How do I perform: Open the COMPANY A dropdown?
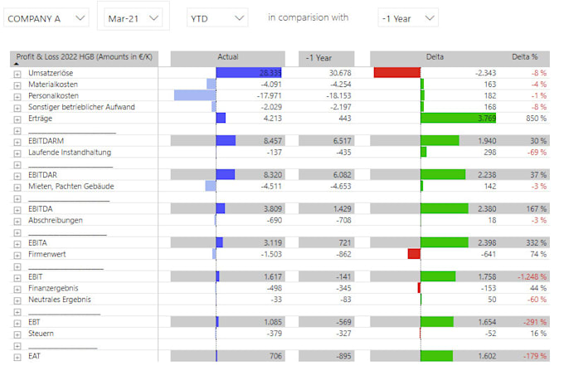(46, 17)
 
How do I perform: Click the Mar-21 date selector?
(129, 17)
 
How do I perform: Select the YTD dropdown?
(216, 17)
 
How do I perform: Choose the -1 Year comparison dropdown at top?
(406, 17)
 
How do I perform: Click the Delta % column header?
(524, 57)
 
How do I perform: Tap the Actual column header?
(227, 57)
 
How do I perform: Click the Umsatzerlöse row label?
(51, 73)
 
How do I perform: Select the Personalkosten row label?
(52, 95)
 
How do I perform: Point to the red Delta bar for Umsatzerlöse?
(397, 73)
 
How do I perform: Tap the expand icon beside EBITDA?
(17, 209)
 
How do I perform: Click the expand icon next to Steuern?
(17, 334)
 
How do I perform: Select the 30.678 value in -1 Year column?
(340, 73)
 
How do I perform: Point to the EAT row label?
(35, 356)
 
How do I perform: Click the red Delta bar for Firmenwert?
(414, 254)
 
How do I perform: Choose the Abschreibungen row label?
(56, 220)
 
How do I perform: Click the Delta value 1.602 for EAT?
(486, 356)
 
